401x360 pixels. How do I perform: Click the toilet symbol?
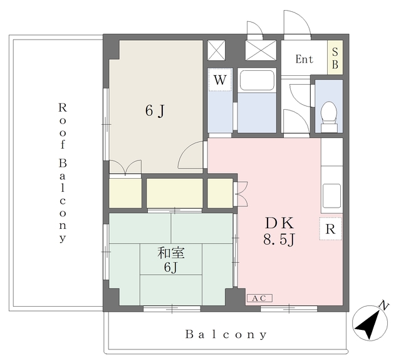click(329, 117)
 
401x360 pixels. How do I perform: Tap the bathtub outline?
click(257, 80)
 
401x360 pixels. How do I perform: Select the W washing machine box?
click(220, 80)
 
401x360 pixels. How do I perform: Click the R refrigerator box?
click(330, 229)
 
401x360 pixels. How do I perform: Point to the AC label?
click(259, 298)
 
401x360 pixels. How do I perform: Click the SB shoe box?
click(335, 57)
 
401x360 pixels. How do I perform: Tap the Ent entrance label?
click(304, 59)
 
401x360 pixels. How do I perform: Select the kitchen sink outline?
click(331, 196)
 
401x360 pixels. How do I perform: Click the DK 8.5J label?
click(279, 231)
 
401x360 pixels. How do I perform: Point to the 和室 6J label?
click(171, 260)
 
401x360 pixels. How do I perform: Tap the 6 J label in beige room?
click(155, 111)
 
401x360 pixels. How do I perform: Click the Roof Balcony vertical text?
click(63, 172)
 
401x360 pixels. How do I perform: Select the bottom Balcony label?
click(226, 334)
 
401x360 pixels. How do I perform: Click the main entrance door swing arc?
click(298, 23)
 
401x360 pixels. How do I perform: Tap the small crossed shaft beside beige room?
click(216, 50)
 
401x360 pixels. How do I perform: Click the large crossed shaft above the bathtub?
click(261, 50)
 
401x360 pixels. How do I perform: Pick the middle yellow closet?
click(175, 193)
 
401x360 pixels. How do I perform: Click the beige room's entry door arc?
click(190, 155)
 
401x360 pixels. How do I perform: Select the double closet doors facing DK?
click(241, 194)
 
